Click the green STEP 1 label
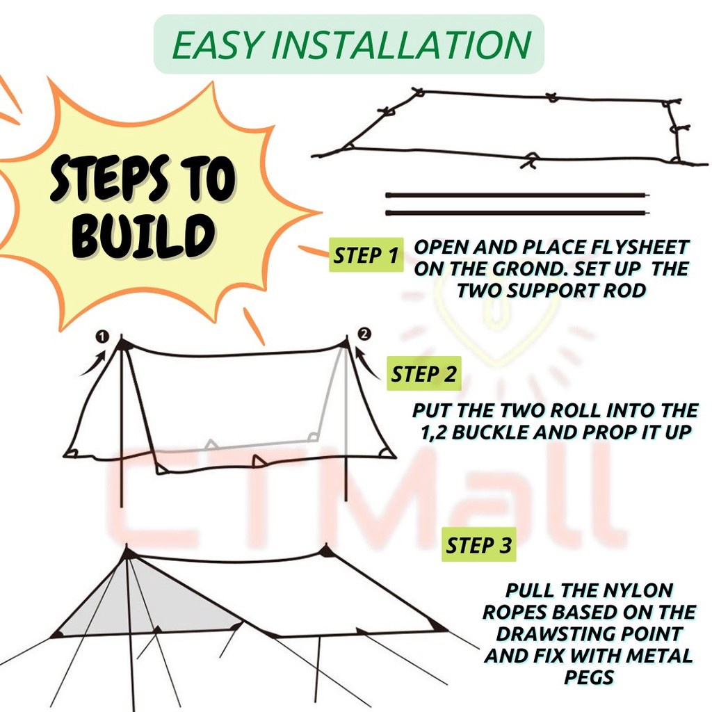366,255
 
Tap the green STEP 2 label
424,374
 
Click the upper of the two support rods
519,196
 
